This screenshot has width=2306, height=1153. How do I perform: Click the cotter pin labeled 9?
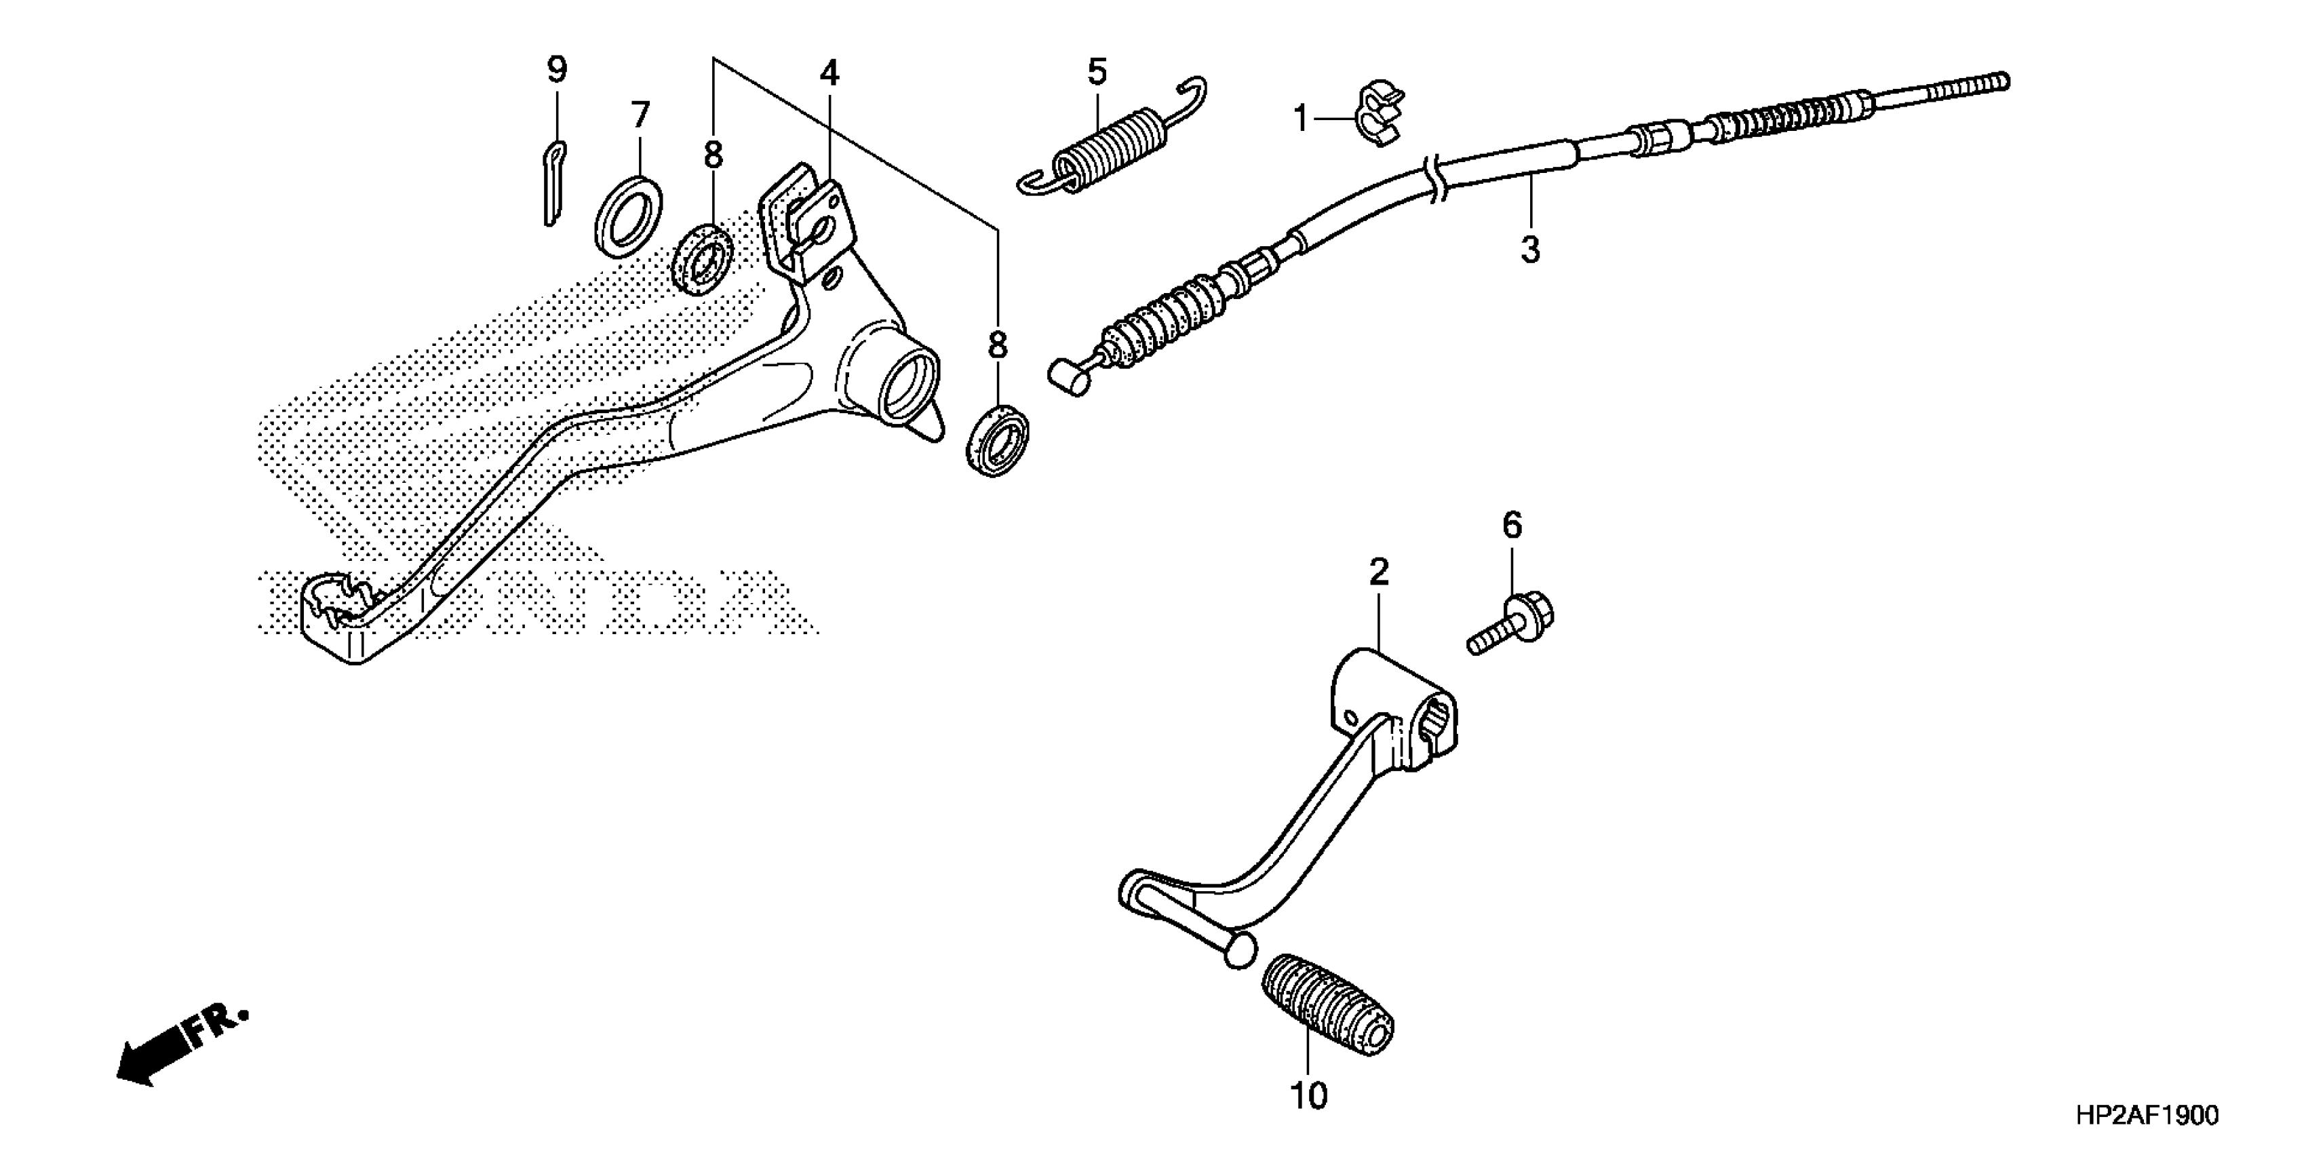(555, 184)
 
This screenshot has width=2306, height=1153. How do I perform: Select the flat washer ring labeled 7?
(629, 218)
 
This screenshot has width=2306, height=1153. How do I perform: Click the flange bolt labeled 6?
(1514, 626)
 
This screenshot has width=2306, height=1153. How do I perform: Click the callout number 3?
(1530, 250)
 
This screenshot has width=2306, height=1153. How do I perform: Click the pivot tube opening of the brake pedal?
(907, 389)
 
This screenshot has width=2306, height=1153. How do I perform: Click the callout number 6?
(1511, 526)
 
